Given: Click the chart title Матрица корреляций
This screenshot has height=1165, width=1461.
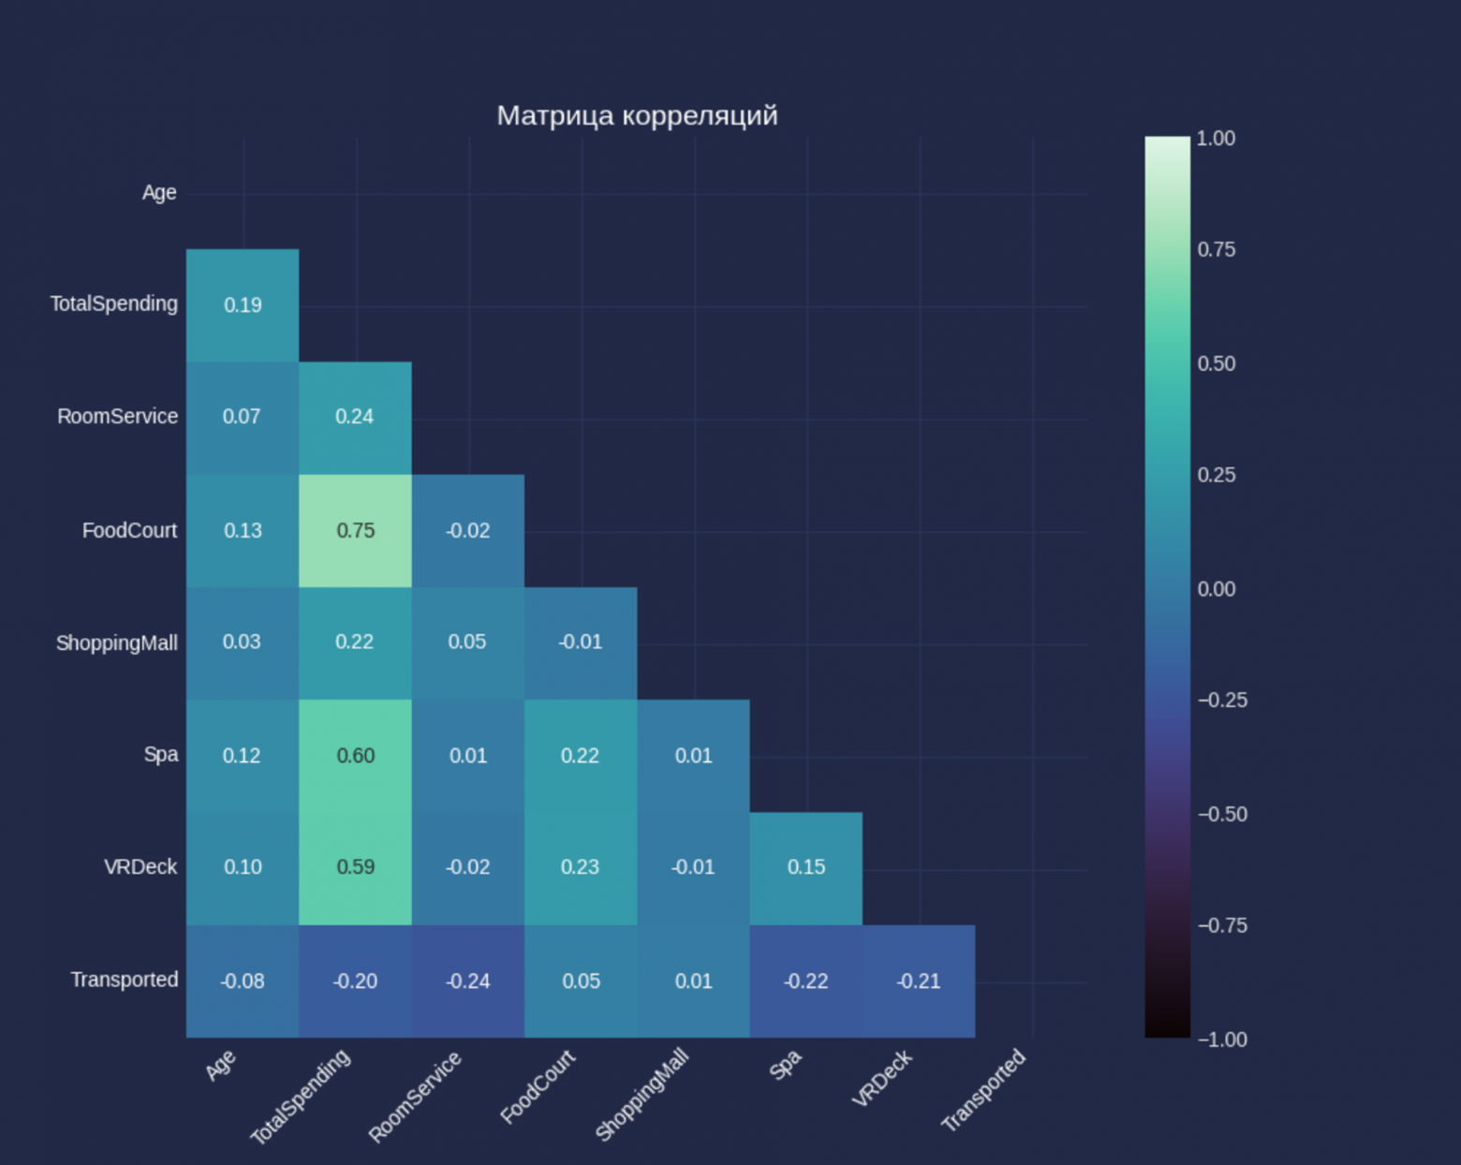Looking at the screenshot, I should tap(637, 115).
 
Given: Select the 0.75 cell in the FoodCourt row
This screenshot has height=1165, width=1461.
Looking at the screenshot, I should tap(355, 530).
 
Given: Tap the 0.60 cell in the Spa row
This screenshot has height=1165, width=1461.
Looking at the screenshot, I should tap(355, 756).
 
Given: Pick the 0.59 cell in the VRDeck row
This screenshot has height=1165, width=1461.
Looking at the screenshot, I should tap(355, 867).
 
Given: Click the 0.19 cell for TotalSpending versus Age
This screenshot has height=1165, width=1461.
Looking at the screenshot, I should tap(243, 305).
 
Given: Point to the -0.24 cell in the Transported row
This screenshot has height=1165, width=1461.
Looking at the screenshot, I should tap(467, 981).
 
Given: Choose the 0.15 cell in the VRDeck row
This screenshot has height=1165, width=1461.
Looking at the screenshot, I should tap(805, 867).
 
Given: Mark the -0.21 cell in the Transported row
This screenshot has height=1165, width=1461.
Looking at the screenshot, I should tap(918, 981).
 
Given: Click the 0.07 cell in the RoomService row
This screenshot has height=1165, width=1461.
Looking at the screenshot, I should tap(242, 417).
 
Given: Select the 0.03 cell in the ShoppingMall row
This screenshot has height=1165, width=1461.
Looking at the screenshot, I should tap(242, 642).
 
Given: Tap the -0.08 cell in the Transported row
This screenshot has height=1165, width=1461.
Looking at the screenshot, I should tap(242, 981).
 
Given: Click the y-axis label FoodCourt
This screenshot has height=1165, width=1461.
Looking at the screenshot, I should tap(129, 531).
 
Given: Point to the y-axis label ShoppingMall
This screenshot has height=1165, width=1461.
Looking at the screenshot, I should tap(116, 643).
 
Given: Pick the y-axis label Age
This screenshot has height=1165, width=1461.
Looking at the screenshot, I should tap(159, 193).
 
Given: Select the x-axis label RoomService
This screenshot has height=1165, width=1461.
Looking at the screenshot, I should tap(415, 1097).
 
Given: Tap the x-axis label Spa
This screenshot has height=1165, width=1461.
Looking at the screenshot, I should tap(785, 1065).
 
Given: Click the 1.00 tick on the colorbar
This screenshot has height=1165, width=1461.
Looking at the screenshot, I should tap(1216, 139).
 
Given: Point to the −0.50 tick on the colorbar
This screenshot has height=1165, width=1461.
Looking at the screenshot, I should tap(1222, 814).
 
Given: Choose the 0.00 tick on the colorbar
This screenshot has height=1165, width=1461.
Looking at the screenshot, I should tap(1216, 589).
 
